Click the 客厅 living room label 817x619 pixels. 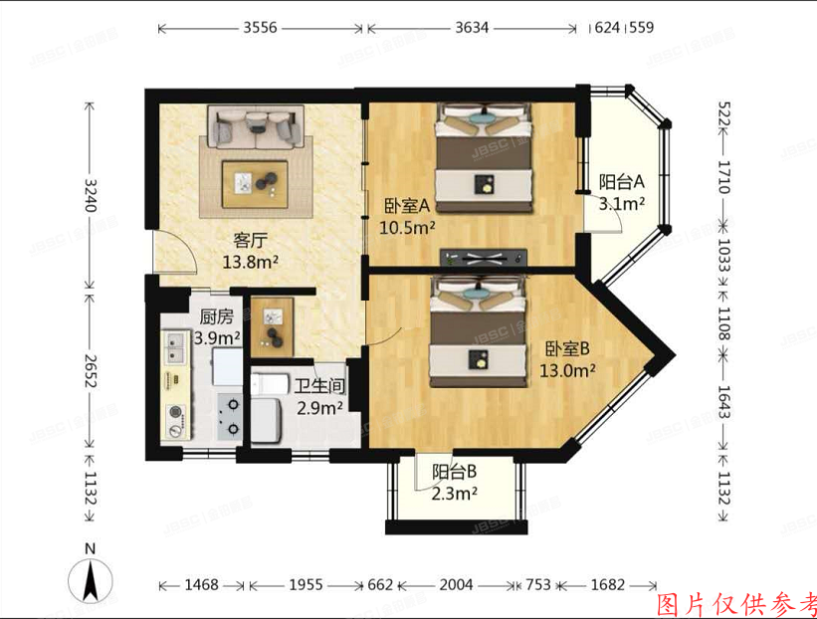click(x=249, y=240)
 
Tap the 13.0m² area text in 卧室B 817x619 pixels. click(x=568, y=370)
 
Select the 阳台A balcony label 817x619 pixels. click(x=622, y=182)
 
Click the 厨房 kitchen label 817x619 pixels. click(x=216, y=318)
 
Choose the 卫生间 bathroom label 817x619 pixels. click(x=318, y=386)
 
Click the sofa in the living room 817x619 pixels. click(x=254, y=126)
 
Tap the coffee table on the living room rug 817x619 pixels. click(x=255, y=181)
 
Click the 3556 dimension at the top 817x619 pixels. click(x=260, y=28)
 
